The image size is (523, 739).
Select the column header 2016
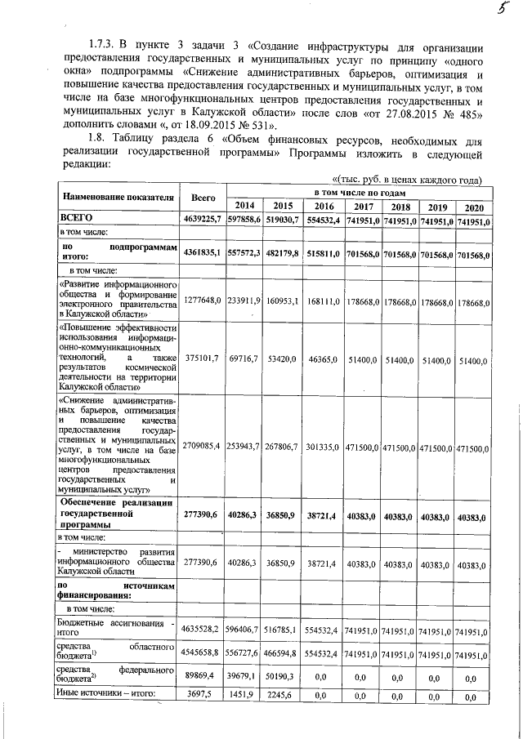coord(324,206)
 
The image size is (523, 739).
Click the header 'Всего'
coord(203,198)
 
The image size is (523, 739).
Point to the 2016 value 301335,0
coord(324,447)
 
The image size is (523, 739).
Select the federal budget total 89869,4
coord(203,676)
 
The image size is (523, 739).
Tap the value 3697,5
coord(203,696)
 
